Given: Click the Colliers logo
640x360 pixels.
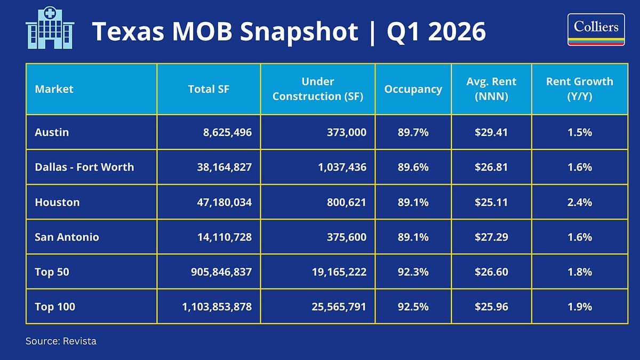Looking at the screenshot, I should (x=596, y=30).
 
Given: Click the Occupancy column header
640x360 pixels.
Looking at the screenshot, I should (x=413, y=89).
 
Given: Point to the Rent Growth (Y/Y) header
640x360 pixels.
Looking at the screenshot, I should (x=579, y=89).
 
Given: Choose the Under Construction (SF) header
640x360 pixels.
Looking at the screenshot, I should (x=318, y=89).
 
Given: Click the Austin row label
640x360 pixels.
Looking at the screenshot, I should (x=52, y=132).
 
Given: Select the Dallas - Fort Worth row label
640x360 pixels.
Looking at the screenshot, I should (x=84, y=167).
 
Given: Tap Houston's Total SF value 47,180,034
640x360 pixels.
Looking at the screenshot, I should (x=221, y=202).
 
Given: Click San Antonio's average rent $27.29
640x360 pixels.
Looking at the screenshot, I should (x=491, y=237).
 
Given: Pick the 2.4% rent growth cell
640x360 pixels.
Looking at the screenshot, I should (x=579, y=202).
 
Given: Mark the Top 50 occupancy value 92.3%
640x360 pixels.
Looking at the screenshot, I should (x=413, y=272).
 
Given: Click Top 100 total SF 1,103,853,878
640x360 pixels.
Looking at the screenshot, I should (x=213, y=307).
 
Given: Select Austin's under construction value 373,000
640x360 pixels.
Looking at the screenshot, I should (x=346, y=132).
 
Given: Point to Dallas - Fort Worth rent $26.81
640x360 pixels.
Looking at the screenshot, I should (x=491, y=167).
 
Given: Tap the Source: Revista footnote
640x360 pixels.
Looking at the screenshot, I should (x=61, y=341).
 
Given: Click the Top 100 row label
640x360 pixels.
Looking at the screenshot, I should (x=55, y=307).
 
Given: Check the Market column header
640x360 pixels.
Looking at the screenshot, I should (x=54, y=89).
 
